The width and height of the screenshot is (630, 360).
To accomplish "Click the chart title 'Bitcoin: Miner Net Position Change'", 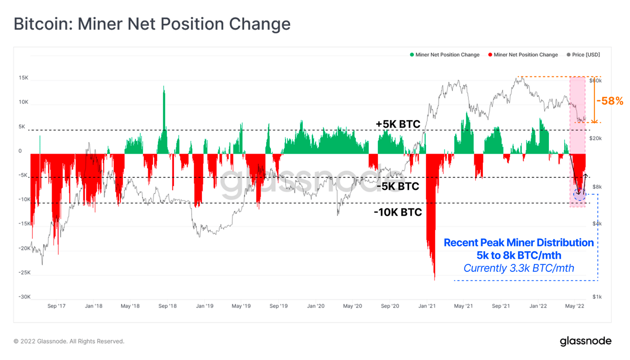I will (x=152, y=24).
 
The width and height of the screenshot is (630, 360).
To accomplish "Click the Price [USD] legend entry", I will (x=583, y=55).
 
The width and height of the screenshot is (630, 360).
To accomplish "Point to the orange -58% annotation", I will (x=609, y=101).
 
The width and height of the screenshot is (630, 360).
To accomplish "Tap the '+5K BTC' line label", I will (x=397, y=124).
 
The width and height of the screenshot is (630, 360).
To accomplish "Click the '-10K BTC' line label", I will (x=397, y=212).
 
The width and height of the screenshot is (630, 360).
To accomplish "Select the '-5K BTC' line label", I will (x=397, y=187).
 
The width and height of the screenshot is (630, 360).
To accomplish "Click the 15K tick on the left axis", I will (x=23, y=78).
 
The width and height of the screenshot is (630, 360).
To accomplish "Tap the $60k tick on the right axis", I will (x=595, y=81).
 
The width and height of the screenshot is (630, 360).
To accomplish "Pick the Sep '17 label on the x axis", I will (x=56, y=306).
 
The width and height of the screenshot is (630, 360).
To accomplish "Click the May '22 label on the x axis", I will (x=575, y=306).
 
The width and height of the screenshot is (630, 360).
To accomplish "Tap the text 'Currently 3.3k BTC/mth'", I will (x=518, y=268).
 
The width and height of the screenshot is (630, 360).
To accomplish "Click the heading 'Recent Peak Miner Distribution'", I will (x=518, y=243).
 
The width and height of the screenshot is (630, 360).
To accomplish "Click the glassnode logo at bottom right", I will (x=585, y=341).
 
